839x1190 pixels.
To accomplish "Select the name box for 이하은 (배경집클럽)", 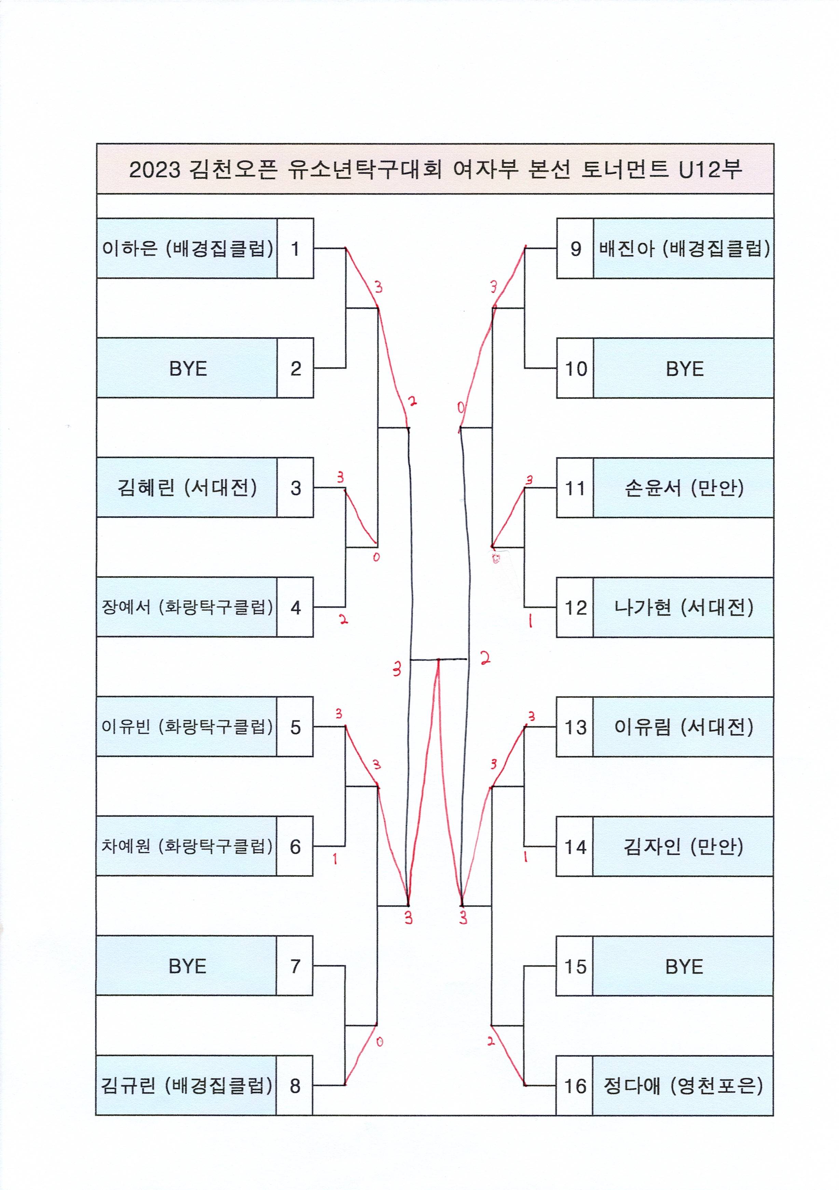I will click(187, 248).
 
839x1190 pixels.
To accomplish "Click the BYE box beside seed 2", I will click(187, 368).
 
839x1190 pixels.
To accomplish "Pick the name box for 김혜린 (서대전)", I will click(187, 487).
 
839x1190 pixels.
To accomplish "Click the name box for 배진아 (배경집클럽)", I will click(683, 248).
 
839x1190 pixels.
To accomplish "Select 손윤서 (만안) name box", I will click(683, 488).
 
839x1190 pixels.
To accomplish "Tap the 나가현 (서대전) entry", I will click(683, 607).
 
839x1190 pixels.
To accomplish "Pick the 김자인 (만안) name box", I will click(683, 846).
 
